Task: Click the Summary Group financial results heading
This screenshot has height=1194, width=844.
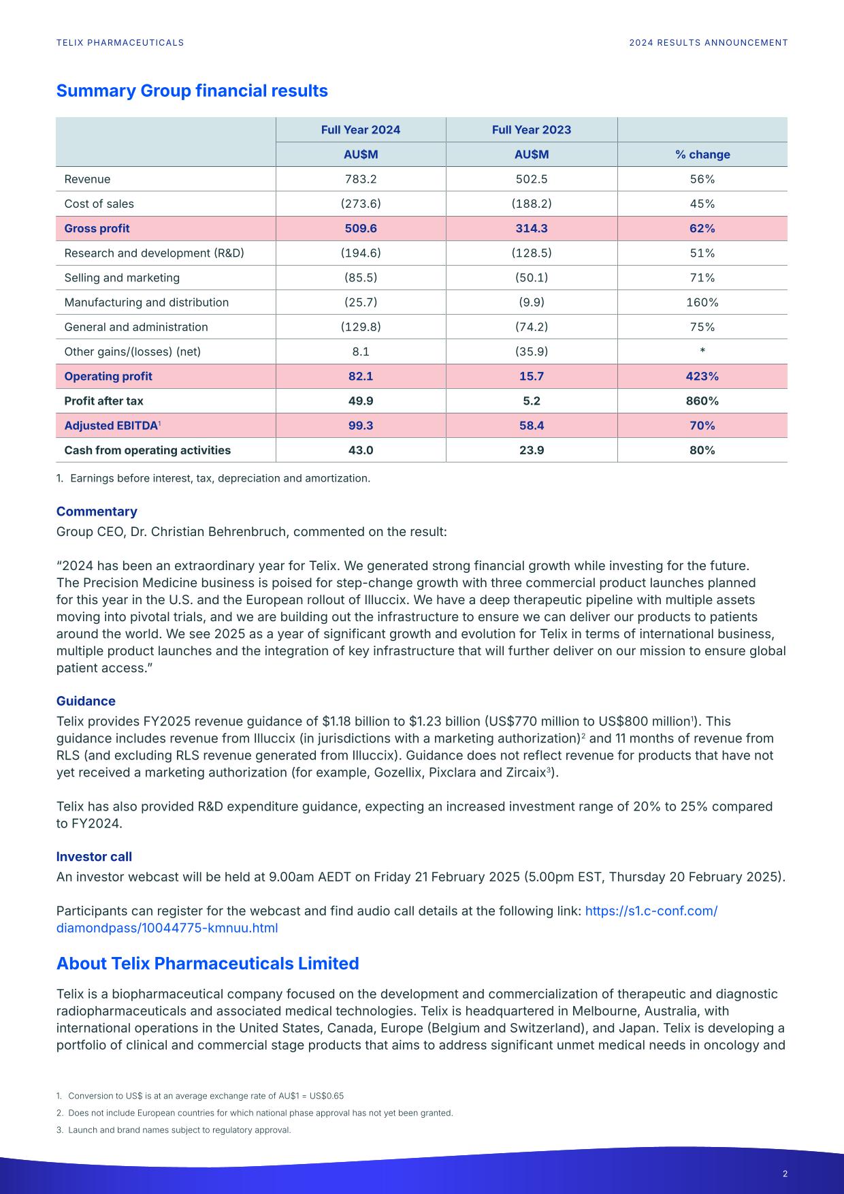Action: [192, 91]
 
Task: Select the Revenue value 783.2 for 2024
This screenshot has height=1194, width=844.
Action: [361, 179]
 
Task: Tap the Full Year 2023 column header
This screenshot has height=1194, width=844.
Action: [532, 130]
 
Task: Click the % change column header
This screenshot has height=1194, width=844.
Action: [702, 155]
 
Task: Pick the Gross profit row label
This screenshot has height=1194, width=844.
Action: [97, 229]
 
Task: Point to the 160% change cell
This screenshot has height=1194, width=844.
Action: [702, 302]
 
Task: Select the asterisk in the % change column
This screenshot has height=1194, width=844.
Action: [702, 351]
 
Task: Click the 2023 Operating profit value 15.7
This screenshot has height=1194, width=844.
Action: [532, 377]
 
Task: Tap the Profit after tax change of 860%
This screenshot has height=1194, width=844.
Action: [702, 401]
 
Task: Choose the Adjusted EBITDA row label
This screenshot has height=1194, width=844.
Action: [111, 426]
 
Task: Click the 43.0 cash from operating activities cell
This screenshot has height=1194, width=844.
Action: [361, 450]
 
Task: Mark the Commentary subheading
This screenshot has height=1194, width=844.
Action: [97, 512]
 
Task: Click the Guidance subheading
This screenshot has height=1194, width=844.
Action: [86, 701]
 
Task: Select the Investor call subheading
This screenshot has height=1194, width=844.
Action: [94, 857]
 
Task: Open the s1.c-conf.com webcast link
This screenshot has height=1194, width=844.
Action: [651, 911]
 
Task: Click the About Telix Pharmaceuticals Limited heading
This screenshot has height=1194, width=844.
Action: [208, 964]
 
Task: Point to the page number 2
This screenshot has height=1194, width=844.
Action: [785, 1174]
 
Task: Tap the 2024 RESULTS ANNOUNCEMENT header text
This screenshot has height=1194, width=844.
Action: [708, 43]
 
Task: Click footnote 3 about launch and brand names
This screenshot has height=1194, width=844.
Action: [178, 1130]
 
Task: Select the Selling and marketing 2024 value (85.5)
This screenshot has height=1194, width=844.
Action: [361, 278]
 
